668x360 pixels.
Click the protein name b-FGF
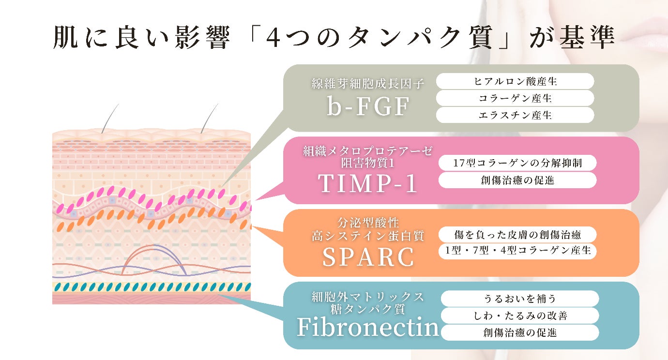tap(368, 106)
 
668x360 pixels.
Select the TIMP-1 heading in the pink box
tap(368, 183)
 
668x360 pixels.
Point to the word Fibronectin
tap(368, 328)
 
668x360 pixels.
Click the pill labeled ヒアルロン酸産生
tap(515, 81)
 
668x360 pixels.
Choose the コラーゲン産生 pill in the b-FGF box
tap(515, 98)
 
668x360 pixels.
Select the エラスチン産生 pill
tap(515, 115)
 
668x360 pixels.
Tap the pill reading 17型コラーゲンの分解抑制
tap(517, 163)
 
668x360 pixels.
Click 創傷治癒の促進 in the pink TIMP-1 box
tap(517, 180)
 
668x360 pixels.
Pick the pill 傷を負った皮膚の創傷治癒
tap(517, 235)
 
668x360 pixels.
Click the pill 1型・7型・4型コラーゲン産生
tap(517, 251)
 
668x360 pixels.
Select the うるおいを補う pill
tap(519, 299)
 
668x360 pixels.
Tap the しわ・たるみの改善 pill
tap(519, 315)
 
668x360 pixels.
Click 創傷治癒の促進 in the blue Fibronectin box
tap(519, 332)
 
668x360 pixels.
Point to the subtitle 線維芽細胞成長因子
tap(368, 84)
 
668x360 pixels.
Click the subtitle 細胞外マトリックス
tap(368, 296)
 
